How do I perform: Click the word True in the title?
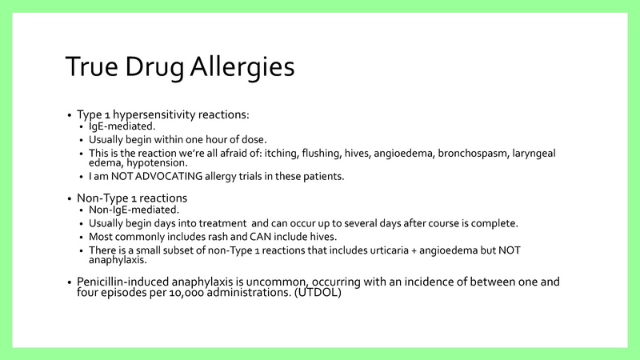(90, 67)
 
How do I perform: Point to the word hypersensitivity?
(165, 114)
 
